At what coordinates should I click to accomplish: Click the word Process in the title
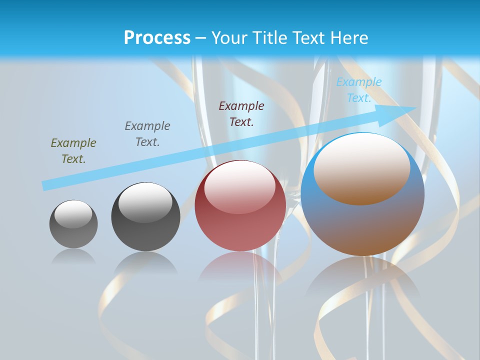click(x=157, y=38)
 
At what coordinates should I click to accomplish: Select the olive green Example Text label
click(x=73, y=151)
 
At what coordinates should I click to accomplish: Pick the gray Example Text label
click(x=147, y=134)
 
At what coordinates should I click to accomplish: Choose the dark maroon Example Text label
click(x=241, y=113)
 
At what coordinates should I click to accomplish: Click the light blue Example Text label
click(x=358, y=90)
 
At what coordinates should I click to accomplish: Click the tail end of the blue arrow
click(x=44, y=186)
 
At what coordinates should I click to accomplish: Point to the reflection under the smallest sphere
click(x=73, y=256)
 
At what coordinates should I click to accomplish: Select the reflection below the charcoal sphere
click(x=145, y=262)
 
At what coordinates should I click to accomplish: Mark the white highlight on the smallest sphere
click(x=73, y=214)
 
